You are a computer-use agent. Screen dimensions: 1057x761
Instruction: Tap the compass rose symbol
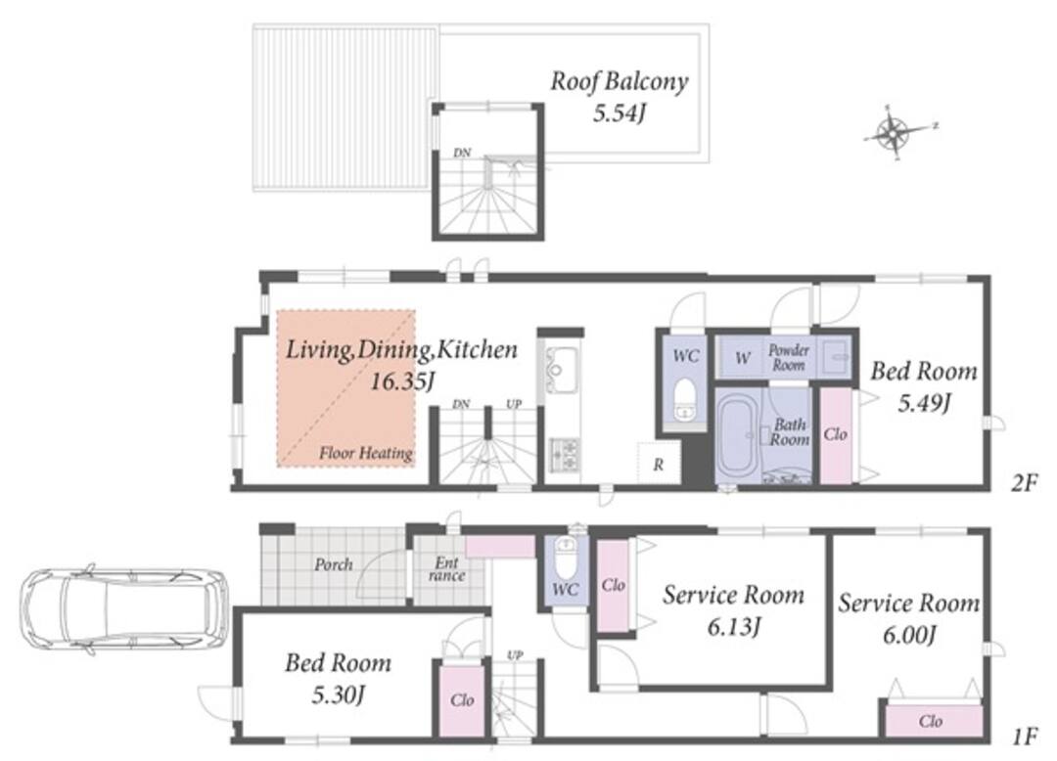tap(894, 133)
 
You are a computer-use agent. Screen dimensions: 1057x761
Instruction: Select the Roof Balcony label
tap(620, 81)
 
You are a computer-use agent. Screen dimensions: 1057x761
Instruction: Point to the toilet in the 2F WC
tap(685, 400)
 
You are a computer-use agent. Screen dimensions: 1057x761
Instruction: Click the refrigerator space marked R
tap(658, 463)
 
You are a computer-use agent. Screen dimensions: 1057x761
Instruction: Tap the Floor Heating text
tap(366, 453)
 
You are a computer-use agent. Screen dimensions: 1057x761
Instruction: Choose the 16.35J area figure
tap(402, 381)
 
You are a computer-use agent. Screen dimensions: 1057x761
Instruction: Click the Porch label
tap(334, 564)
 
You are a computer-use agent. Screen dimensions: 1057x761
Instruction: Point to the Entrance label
tap(446, 569)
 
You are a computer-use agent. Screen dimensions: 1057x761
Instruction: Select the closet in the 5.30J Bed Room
tap(462, 701)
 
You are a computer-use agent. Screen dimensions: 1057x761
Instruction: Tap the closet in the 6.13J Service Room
tap(614, 585)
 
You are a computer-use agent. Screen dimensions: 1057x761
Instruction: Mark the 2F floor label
tap(1024, 482)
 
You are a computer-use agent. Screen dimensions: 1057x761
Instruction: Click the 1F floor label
tap(1024, 737)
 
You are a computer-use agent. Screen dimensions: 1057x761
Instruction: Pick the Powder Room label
tap(789, 358)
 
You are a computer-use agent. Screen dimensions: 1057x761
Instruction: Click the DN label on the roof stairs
tap(462, 153)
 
